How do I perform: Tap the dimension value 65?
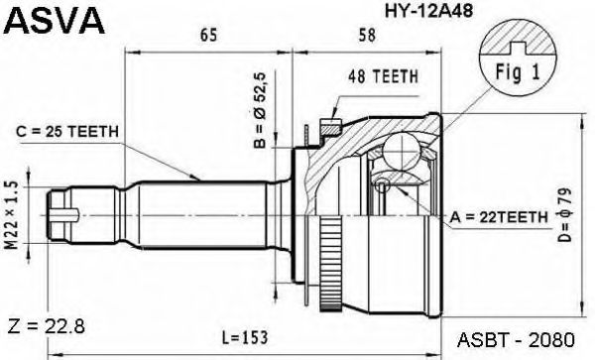click(x=208, y=37)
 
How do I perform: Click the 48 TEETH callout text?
click(x=382, y=75)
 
